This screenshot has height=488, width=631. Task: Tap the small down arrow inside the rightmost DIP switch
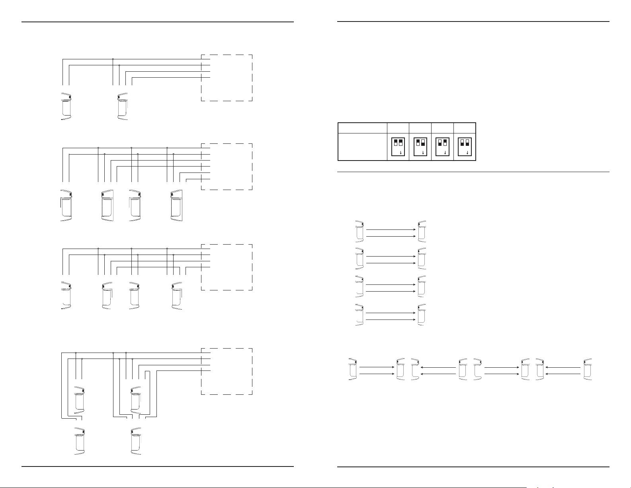pos(467,153)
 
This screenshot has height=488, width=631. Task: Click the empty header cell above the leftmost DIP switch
pos(398,128)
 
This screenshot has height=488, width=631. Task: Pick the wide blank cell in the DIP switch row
pos(362,147)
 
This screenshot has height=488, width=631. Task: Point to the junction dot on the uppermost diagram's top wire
pos(113,59)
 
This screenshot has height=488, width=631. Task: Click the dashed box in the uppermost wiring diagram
pos(227,78)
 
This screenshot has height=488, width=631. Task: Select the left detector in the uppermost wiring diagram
pos(66,106)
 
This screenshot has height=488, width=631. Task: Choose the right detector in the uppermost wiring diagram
pos(123,106)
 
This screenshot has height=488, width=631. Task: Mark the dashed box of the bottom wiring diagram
pos(227,371)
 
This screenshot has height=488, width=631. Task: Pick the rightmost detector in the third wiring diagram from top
pos(177,296)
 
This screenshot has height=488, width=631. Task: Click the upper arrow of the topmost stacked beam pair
pos(390,229)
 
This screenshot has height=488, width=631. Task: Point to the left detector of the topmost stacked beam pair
pos(359,231)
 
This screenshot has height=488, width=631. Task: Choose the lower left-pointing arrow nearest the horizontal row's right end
pos(562,374)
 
